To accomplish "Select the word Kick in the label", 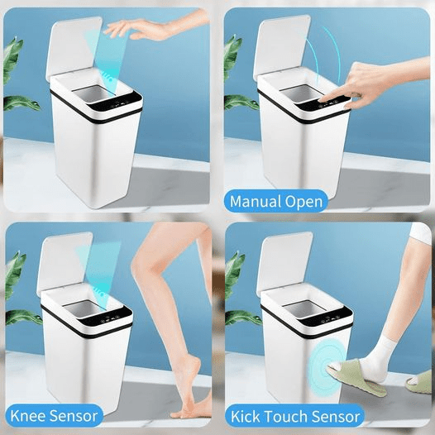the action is tap(246, 417).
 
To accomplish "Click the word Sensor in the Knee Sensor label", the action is tap(74, 416).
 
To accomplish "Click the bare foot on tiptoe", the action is tap(189, 389).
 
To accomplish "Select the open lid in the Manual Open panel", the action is tap(280, 47).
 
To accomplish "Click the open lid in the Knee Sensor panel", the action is tap(65, 261).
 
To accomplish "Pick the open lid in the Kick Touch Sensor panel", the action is tap(284, 264).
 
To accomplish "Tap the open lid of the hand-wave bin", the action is tap(74, 45).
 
